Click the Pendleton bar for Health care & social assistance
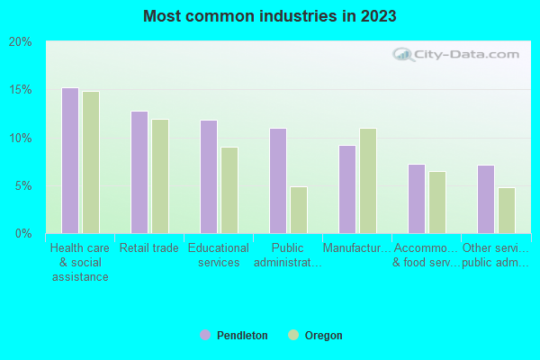[x=69, y=160]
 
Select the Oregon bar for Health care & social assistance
[x=90, y=162]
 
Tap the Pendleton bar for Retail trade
[x=139, y=172]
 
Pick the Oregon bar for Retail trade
[x=159, y=176]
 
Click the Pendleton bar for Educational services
[x=208, y=176]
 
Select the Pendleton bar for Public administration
[x=277, y=181]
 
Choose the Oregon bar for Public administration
[x=298, y=210]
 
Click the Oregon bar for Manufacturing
[x=367, y=181]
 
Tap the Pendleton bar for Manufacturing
[x=346, y=189]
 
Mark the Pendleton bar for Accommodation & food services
[x=416, y=199]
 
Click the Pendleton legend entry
[x=233, y=336]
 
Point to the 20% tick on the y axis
[x=20, y=42]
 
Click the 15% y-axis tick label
[x=20, y=90]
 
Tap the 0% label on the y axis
[x=22, y=234]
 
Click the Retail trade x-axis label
[x=148, y=248]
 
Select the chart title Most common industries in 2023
[x=269, y=16]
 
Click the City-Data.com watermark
[x=459, y=53]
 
